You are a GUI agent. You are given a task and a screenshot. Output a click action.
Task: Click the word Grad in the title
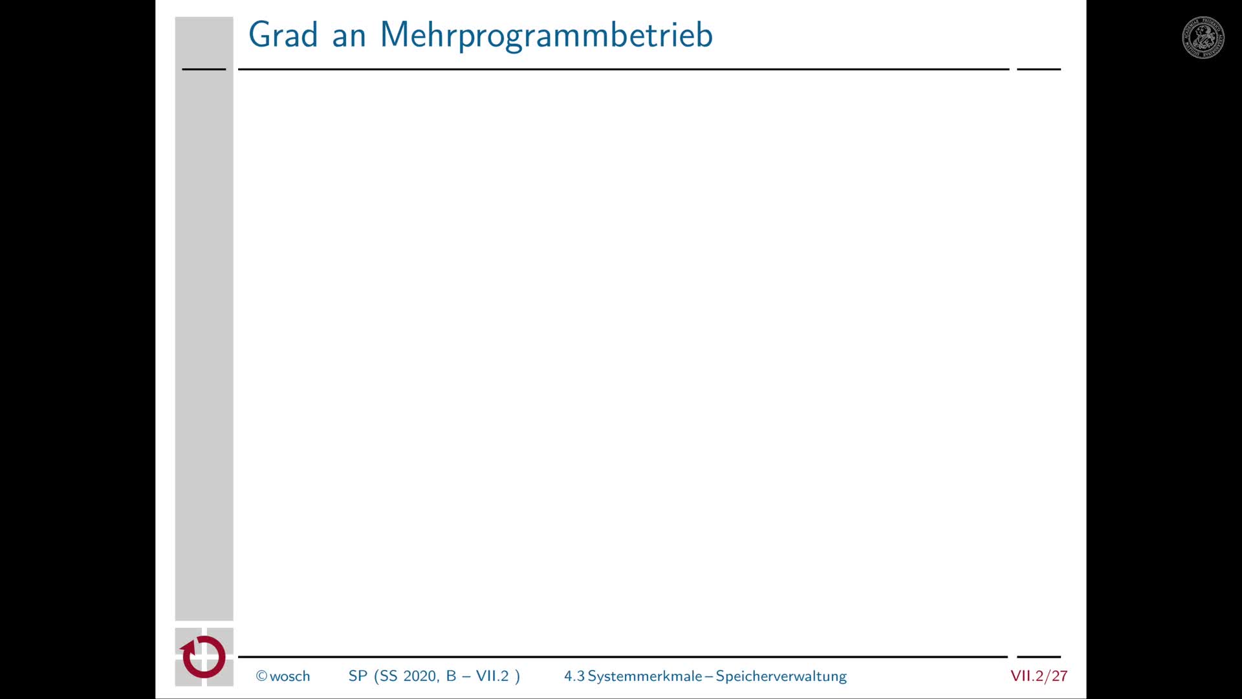click(283, 34)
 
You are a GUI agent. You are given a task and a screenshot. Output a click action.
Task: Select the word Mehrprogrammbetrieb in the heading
click(547, 36)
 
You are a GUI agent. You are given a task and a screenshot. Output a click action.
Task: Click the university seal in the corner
click(1203, 38)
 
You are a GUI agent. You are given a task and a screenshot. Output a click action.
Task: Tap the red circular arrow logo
click(203, 657)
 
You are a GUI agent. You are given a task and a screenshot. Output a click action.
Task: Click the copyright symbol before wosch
click(261, 676)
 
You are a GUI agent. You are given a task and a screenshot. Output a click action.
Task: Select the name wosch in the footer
click(290, 676)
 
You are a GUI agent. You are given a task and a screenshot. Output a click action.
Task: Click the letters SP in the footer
click(358, 676)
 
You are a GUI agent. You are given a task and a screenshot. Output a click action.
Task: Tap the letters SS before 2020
click(388, 676)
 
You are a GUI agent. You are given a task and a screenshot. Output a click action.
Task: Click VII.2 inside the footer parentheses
click(492, 676)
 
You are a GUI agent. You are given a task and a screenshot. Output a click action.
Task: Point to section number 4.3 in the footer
click(574, 676)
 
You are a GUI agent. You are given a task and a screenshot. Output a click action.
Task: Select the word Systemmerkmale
click(645, 676)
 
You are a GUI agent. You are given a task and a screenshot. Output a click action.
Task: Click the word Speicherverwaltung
click(781, 676)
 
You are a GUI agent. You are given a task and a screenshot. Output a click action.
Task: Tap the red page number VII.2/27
click(1039, 676)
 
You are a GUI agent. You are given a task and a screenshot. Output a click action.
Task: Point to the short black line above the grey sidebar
click(204, 69)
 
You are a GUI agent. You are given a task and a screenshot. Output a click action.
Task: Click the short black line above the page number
click(1039, 657)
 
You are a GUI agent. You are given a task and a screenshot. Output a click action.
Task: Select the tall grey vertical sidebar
click(204, 318)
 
